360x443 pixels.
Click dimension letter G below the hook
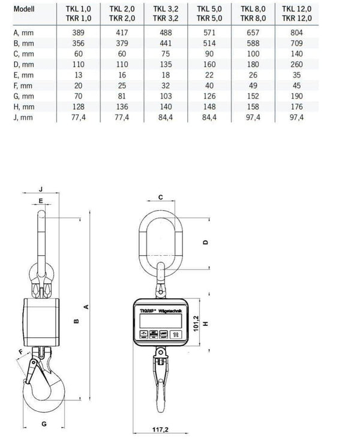[x=44, y=424]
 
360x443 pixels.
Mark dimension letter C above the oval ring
[x=161, y=197]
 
